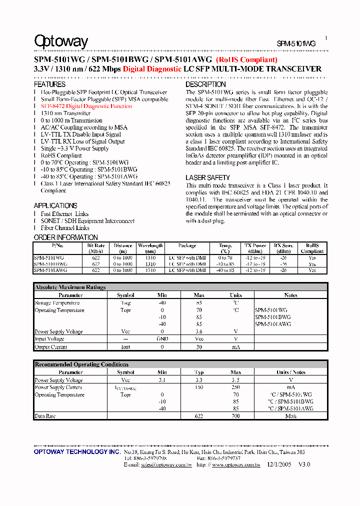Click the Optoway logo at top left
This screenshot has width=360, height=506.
[61, 41]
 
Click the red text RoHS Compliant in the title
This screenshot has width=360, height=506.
[246, 60]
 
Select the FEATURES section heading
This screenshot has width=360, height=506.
[49, 84]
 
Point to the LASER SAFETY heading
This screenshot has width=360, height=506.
[207, 177]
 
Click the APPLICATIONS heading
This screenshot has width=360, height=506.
[55, 205]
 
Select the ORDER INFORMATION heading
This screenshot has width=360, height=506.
[65, 237]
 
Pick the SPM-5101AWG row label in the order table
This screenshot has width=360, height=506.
[50, 270]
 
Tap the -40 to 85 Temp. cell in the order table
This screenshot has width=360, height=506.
[225, 270]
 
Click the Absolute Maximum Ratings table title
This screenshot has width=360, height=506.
[70, 287]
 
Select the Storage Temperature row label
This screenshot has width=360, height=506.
[57, 303]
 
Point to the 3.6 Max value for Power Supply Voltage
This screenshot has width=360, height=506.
[199, 331]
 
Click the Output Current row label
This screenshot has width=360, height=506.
[51, 346]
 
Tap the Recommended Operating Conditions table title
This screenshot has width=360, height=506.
[81, 364]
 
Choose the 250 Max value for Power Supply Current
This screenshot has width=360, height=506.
[235, 387]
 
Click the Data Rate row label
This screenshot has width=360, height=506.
[45, 416]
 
